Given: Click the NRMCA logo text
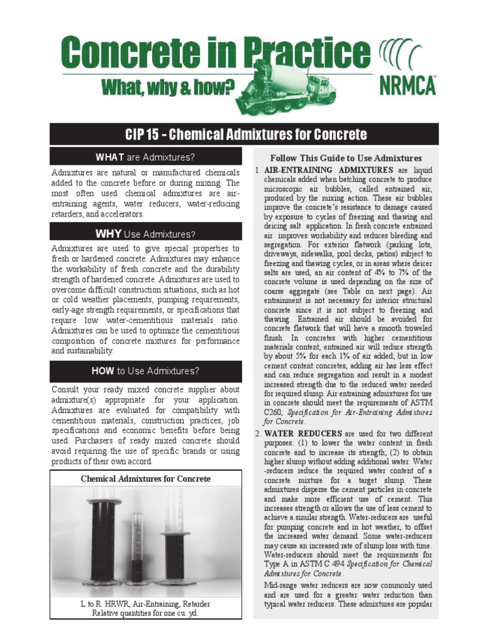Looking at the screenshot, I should (407, 85).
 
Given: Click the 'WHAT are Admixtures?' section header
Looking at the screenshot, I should (145, 156).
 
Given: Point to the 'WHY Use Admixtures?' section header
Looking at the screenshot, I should (145, 234).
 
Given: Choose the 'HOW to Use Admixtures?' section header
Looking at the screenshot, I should (145, 371).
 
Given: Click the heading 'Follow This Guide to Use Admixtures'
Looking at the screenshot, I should (346, 158).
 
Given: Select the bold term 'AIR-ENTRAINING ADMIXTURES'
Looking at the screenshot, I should (329, 170).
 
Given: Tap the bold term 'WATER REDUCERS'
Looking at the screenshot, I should (303, 433).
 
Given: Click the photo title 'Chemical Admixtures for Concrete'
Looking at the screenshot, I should (145, 479).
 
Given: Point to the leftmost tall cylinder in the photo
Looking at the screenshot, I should (104, 538).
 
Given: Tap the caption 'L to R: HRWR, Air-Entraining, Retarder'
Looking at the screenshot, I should (145, 604).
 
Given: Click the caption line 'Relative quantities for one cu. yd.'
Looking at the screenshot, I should (145, 613).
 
